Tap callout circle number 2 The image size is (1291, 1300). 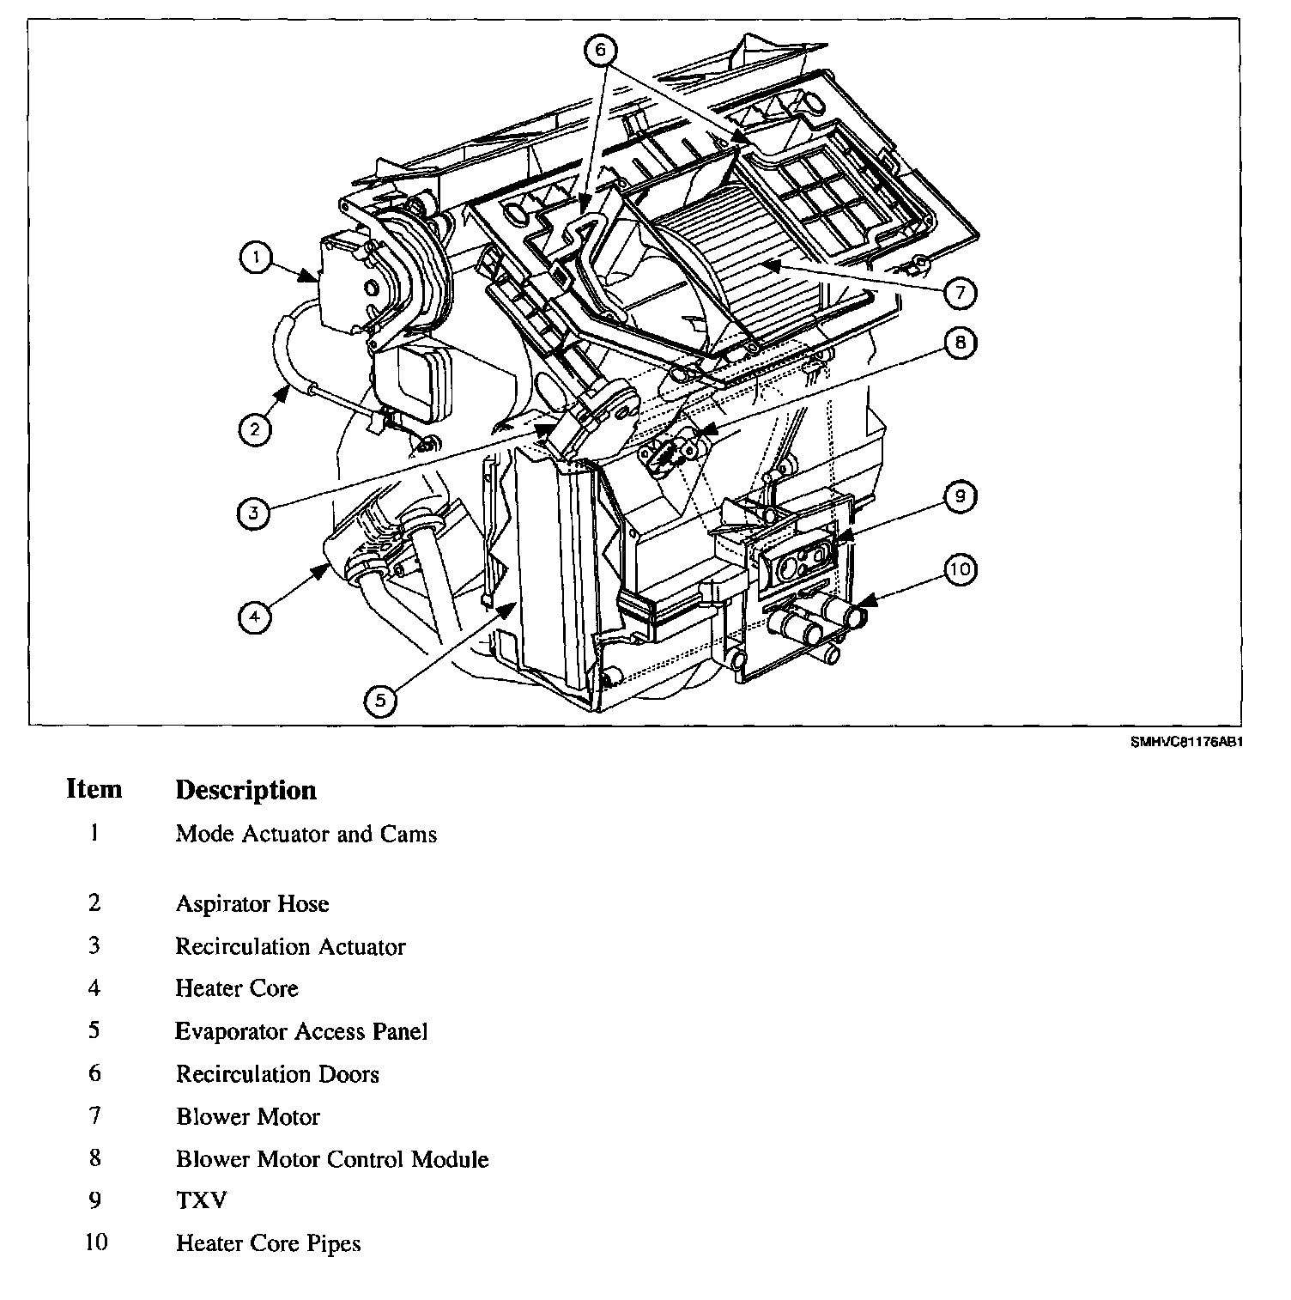(x=255, y=428)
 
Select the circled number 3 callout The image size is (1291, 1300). (x=253, y=513)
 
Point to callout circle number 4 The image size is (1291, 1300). (x=255, y=616)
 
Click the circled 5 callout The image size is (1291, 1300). (x=380, y=701)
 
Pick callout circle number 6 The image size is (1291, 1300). (x=600, y=51)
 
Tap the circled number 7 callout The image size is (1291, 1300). (x=960, y=293)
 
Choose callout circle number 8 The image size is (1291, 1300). (x=960, y=343)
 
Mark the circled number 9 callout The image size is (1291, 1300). (x=960, y=495)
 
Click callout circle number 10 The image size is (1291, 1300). (x=960, y=568)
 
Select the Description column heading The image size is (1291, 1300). (x=245, y=790)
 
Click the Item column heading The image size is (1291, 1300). (x=94, y=789)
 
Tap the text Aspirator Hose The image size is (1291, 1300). (x=252, y=903)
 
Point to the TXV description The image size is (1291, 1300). (x=202, y=1200)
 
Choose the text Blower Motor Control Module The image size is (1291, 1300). (x=332, y=1159)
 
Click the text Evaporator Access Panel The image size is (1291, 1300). (x=301, y=1031)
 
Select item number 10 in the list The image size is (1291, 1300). (x=96, y=1242)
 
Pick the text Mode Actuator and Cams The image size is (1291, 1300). (x=306, y=834)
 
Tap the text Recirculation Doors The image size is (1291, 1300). (x=277, y=1074)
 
